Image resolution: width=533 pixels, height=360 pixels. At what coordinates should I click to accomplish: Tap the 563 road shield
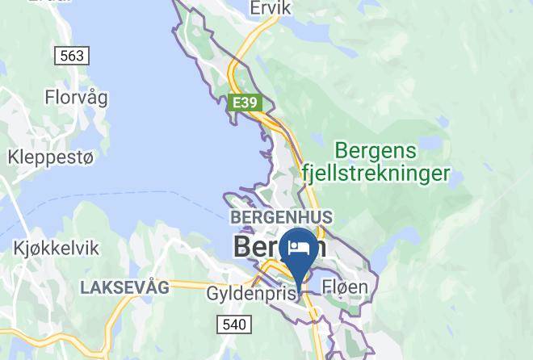tap(72, 56)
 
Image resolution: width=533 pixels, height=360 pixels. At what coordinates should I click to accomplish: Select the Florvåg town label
tap(77, 98)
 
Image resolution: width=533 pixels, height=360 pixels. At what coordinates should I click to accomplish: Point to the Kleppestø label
tap(51, 157)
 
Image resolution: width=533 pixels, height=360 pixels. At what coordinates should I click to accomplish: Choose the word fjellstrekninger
tap(374, 173)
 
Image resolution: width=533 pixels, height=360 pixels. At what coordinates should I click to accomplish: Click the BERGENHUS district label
tap(281, 217)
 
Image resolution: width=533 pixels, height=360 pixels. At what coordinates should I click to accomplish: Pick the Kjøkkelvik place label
tap(57, 249)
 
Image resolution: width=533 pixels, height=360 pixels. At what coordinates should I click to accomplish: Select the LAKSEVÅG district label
tap(124, 287)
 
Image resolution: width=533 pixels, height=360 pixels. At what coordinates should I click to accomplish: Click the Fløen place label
tap(345, 287)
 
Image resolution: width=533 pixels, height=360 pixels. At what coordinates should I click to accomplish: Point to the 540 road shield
tap(233, 324)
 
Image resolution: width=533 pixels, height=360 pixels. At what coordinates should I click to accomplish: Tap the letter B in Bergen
tap(242, 246)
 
